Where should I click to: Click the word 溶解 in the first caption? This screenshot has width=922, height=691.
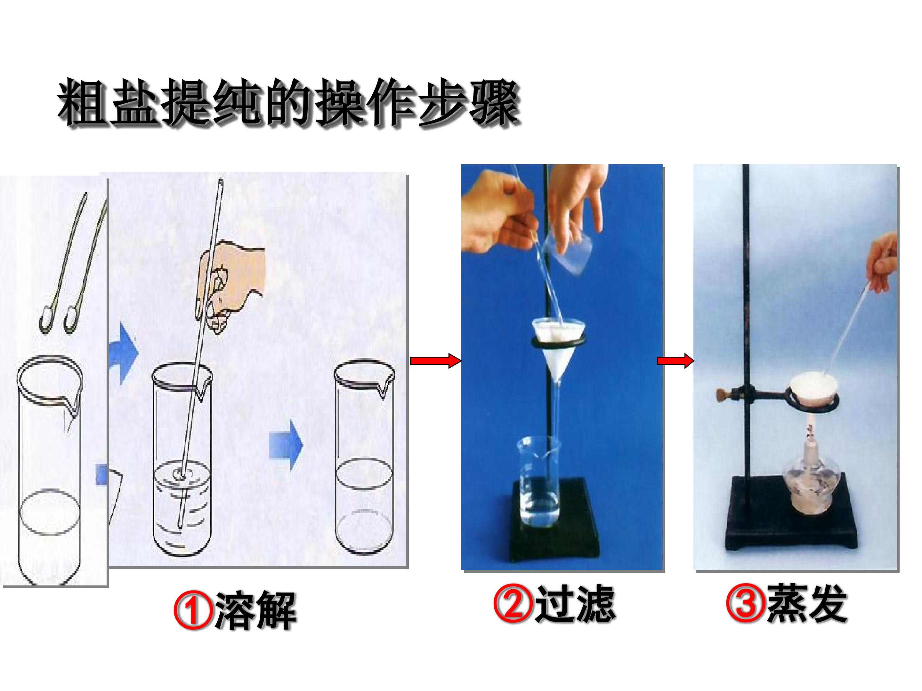tap(255, 611)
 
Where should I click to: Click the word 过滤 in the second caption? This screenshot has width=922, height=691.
tap(575, 604)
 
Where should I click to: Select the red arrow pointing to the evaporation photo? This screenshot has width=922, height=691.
tap(675, 361)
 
